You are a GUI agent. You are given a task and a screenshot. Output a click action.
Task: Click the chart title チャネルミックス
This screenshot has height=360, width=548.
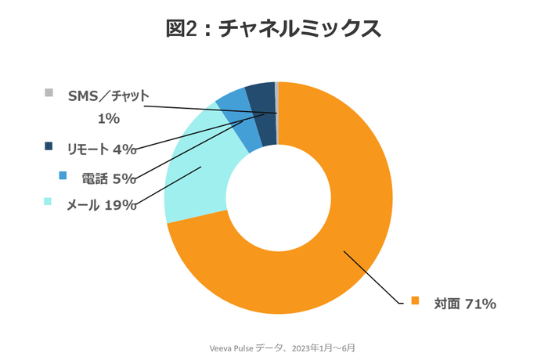click(298, 29)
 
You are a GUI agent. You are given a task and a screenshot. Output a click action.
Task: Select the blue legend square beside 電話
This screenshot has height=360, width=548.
click(63, 175)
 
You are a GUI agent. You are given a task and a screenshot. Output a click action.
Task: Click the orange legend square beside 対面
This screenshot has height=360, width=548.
click(416, 301)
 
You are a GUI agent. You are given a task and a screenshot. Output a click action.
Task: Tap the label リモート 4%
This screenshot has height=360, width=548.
click(102, 149)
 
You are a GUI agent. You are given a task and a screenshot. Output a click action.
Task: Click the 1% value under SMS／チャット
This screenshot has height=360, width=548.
click(107, 118)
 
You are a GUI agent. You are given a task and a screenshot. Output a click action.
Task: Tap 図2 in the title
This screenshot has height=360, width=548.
click(185, 29)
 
